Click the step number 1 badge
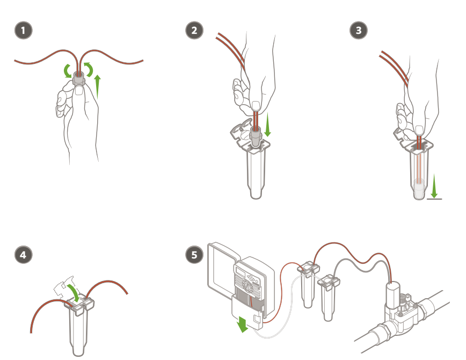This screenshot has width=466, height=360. coord(24,30)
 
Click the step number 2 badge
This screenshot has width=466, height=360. coord(194,30)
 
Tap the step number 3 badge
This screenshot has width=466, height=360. coord(359,30)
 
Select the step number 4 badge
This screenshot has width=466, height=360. coord(24,255)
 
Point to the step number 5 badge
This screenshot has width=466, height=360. coord(194,255)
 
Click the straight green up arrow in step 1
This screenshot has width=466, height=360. coord(98,87)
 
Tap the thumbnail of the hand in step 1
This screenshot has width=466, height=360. coord(79,90)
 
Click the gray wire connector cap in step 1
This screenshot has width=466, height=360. coord(79,78)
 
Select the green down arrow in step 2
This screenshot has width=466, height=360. coord(268,124)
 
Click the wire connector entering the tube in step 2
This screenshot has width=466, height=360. coord(256,136)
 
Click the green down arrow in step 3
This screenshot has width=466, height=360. coord(434,186)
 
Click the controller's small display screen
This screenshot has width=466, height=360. coord(239,271)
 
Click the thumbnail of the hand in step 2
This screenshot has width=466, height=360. coord(256,106)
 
